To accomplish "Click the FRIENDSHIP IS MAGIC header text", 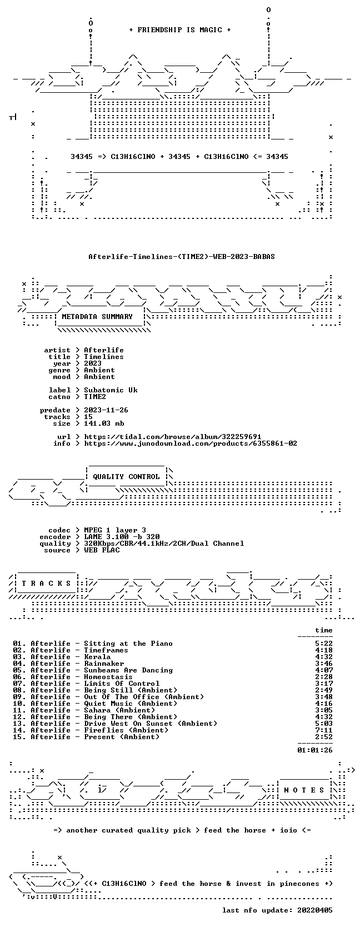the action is pos(180,30).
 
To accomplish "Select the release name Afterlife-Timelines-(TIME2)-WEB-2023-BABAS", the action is pos(182,257).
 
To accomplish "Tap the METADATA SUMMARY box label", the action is pos(97,317).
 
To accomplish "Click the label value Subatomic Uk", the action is pos(111,390).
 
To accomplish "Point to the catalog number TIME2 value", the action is pos(95,396).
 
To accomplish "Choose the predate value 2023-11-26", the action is pos(106,410).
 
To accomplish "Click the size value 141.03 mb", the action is pos(104,423).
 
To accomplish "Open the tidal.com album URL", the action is pos(173,437).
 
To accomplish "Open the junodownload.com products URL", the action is pos(191,443).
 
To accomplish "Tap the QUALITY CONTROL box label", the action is pos(126,476).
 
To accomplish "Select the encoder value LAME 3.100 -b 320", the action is pos(122,537).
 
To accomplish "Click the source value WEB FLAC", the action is pos(102,550).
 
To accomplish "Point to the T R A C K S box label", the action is pos(46,584).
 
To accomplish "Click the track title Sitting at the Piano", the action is pos(128,644).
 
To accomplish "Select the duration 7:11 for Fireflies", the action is pos(323,730).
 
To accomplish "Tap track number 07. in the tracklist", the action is pos(19,684).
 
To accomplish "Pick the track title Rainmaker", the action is pos(104,664).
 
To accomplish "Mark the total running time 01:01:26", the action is pos(315,750).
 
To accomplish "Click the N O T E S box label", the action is pos(304,790).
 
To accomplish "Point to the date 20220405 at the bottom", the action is pos(315,910).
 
